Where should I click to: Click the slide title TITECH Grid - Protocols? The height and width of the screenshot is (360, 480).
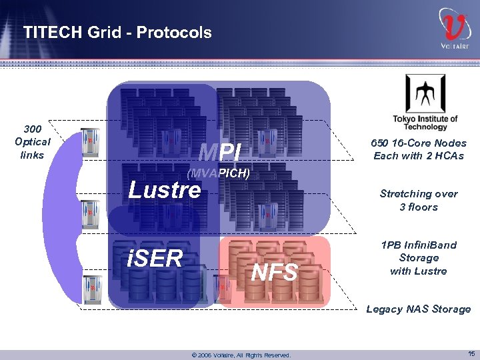(x=117, y=32)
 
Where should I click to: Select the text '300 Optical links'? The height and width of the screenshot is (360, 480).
(x=32, y=141)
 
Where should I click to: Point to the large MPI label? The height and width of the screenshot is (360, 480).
(x=219, y=153)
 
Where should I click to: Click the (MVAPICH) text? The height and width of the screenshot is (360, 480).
(x=218, y=173)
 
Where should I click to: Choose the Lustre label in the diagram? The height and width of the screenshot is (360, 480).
(x=164, y=190)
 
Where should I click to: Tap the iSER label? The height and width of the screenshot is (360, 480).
(x=155, y=258)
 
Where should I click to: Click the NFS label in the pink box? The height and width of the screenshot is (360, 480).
(x=275, y=272)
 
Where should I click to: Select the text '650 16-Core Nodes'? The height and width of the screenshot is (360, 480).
(x=419, y=143)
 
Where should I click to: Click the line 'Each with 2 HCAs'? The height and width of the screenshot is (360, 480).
(x=419, y=156)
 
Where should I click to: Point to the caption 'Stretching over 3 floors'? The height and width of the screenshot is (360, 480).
(x=419, y=200)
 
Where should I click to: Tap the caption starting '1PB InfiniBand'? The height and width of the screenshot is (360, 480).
(x=419, y=257)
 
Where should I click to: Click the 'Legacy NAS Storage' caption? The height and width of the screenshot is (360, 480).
(x=419, y=309)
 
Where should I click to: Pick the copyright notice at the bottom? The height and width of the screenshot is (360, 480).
(x=241, y=355)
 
